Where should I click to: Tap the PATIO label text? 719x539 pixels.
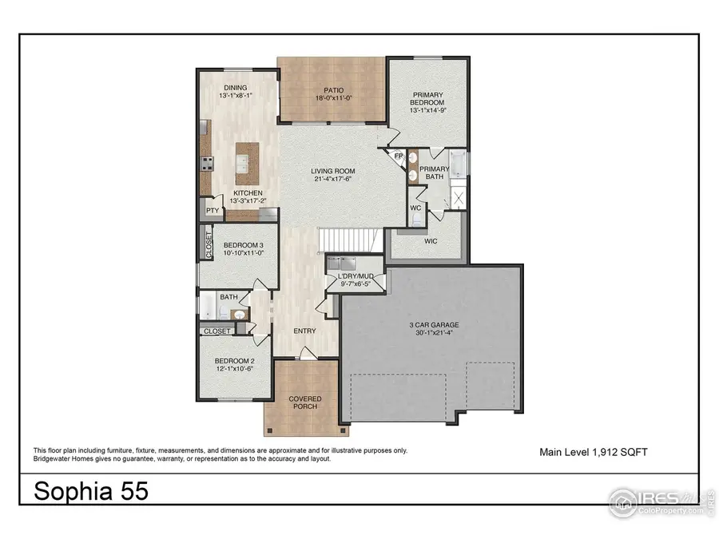coord(333,90)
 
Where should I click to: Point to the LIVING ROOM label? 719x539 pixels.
coord(333,171)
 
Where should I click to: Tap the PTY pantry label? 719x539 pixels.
coord(212,210)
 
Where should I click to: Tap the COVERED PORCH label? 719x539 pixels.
coord(304,402)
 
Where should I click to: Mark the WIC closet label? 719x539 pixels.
coord(431,240)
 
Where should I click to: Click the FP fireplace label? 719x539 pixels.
coord(397,156)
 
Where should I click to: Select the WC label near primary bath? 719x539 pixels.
coord(415,208)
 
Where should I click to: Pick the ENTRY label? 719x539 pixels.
coord(304,331)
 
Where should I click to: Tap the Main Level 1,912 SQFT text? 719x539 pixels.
coord(593,452)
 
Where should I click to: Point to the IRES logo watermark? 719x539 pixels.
coord(655,501)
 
